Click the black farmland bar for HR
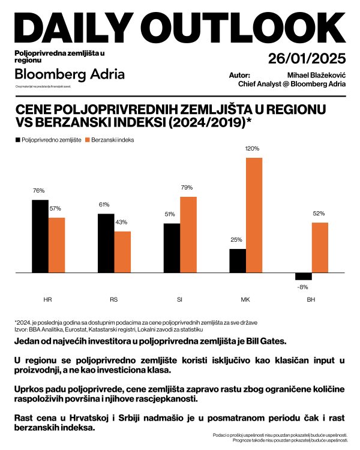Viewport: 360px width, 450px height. coord(40,236)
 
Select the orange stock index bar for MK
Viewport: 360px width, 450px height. coord(254,215)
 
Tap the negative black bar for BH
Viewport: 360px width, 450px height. coord(303,277)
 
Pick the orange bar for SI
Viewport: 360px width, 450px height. coord(188,235)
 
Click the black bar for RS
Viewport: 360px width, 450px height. coord(106,243)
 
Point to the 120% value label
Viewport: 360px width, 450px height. coord(252,148)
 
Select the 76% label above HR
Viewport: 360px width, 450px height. coord(39,191)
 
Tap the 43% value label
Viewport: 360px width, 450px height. coord(122,222)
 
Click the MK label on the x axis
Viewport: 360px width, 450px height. coord(245,299)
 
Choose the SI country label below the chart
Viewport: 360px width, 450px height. coord(179,299)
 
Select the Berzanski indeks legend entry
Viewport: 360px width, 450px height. coord(113,140)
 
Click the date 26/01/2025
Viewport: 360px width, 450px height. coord(307,59)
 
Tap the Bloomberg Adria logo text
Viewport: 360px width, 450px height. coord(70,74)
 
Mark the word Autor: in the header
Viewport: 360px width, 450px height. coord(240,75)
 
